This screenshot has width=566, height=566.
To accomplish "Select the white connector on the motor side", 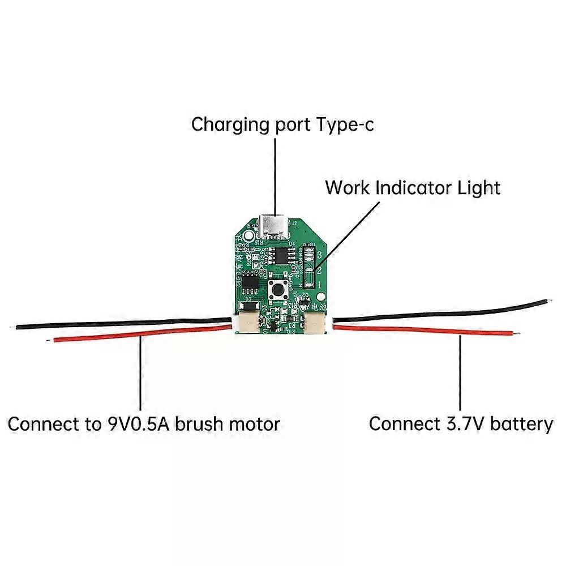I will pyautogui.click(x=247, y=322).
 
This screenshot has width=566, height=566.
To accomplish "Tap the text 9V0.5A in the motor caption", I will pyautogui.click(x=138, y=423).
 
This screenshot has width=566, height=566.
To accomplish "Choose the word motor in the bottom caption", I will pyautogui.click(x=252, y=423).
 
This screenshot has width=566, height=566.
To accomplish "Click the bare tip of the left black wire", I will pyautogui.click(x=13, y=327).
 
